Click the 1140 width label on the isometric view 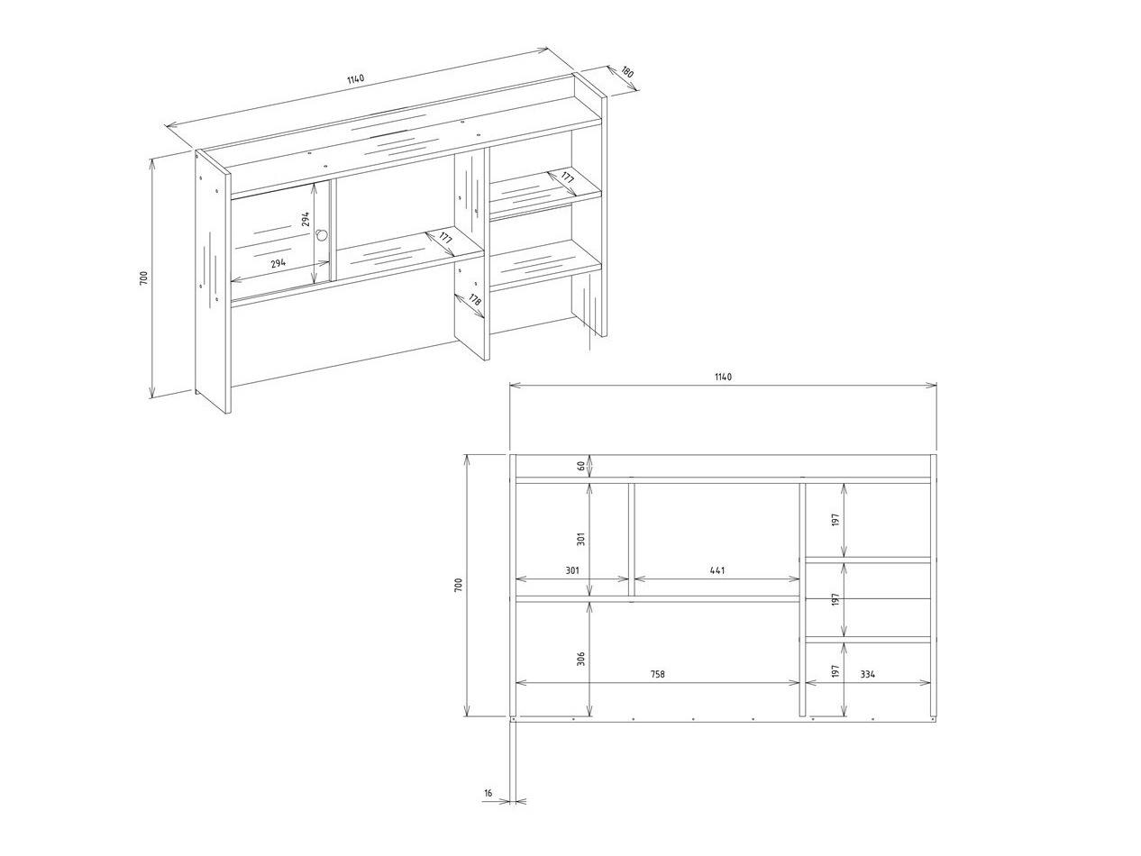click(356, 79)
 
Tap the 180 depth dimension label click(626, 72)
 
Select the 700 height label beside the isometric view click(143, 278)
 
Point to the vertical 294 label click(306, 219)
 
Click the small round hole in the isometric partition click(321, 234)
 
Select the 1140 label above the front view click(723, 377)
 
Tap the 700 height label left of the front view click(458, 585)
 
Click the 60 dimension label click(581, 466)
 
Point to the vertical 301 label click(581, 538)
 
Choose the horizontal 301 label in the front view click(572, 570)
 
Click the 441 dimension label click(717, 570)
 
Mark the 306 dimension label click(581, 658)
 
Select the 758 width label click(658, 674)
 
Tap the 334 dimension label click(867, 674)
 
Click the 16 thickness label click(488, 794)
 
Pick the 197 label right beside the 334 click(835, 671)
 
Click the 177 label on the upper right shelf click(566, 178)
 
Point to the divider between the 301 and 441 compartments click(632, 539)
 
